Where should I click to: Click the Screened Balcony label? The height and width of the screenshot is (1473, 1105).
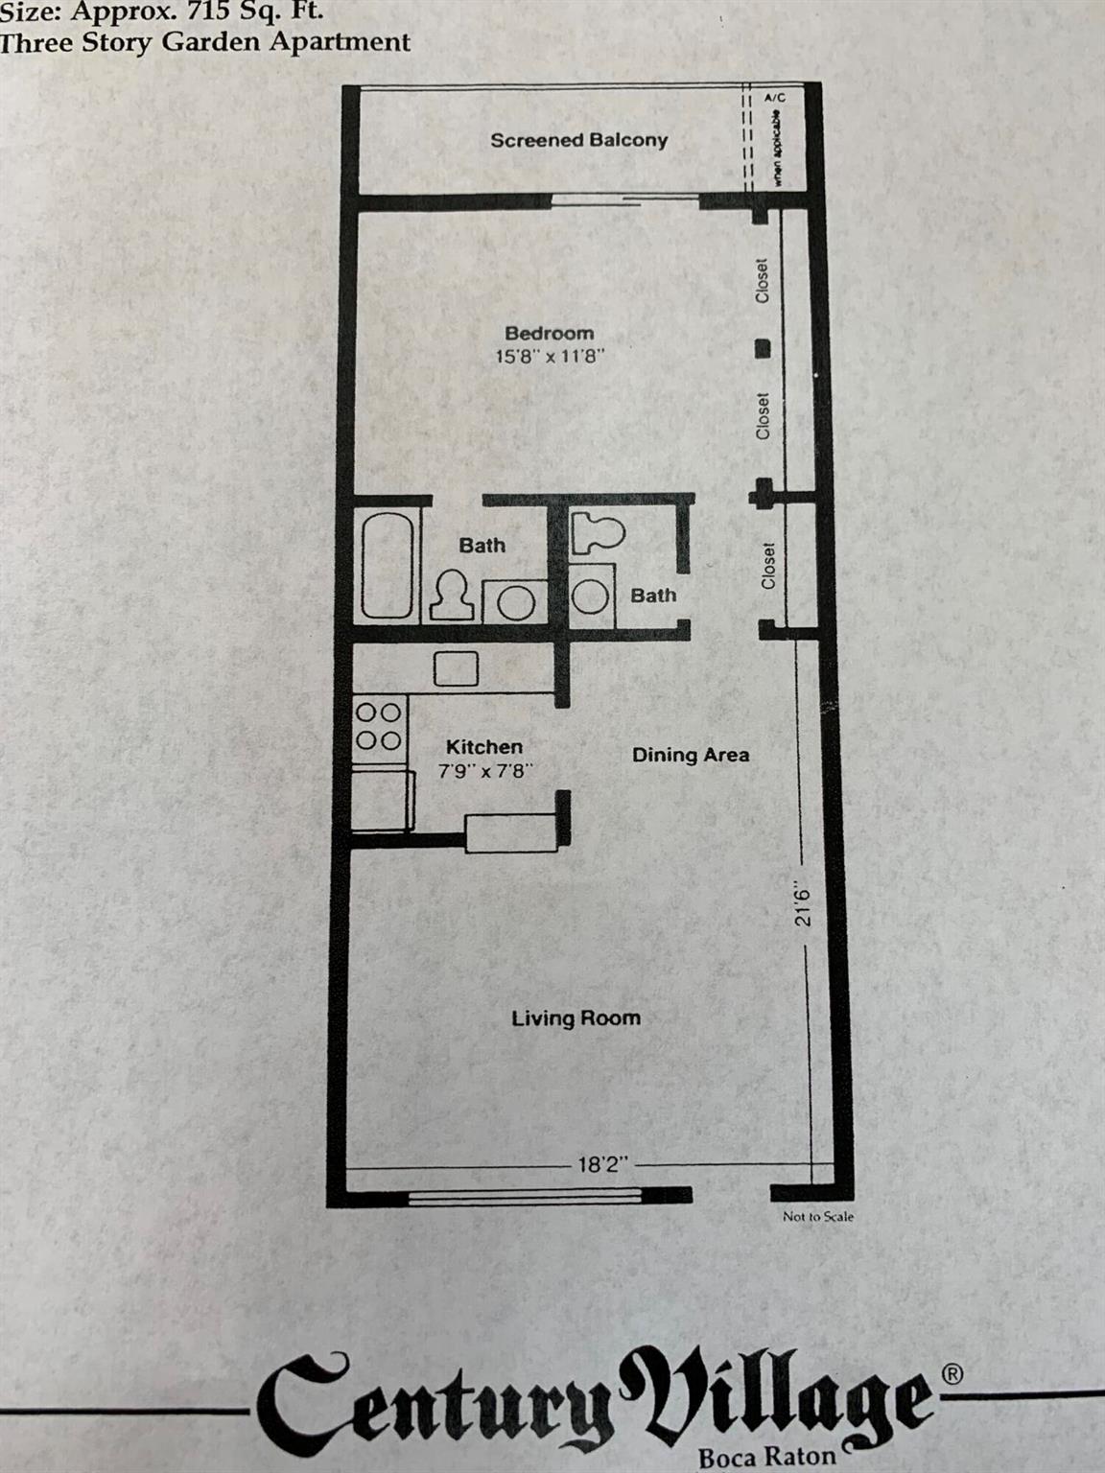click(x=578, y=140)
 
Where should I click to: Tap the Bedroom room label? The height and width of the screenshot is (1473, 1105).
click(x=549, y=334)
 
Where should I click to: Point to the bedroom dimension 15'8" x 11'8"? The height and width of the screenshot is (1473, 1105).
click(x=549, y=357)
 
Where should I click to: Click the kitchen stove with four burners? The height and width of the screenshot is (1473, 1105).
click(x=379, y=727)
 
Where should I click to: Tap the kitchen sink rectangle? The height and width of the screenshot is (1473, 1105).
click(x=456, y=668)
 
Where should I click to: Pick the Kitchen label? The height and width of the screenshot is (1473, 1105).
click(x=484, y=747)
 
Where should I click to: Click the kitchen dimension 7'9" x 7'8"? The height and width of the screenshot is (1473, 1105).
click(x=484, y=770)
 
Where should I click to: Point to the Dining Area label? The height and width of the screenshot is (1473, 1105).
click(x=691, y=756)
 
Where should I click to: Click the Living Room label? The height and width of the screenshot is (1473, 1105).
click(x=576, y=1018)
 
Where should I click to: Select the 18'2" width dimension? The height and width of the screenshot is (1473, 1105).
click(x=601, y=1165)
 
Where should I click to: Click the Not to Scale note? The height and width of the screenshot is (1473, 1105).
click(x=817, y=1217)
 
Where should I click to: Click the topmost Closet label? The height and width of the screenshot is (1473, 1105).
click(x=763, y=281)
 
